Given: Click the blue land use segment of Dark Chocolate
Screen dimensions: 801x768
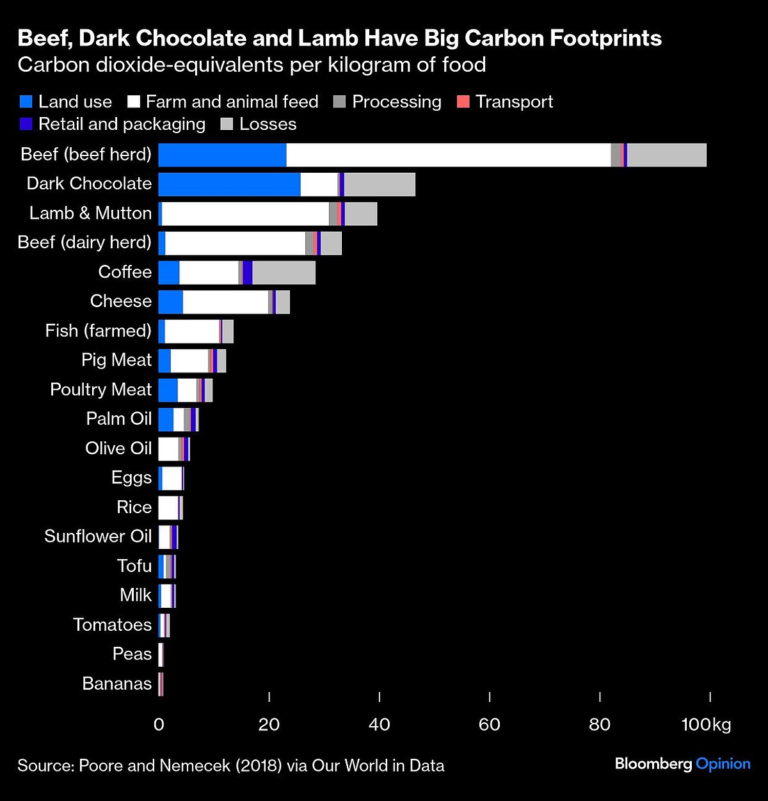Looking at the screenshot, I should tap(229, 184).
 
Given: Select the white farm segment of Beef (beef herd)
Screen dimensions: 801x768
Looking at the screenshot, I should tap(448, 155).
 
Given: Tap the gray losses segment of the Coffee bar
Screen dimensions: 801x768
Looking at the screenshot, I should tap(284, 273).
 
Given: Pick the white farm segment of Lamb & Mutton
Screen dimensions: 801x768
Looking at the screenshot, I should tap(245, 214).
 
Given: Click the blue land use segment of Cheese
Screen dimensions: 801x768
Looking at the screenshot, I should tap(170, 302).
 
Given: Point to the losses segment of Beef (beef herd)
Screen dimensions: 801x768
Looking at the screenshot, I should tap(666, 155).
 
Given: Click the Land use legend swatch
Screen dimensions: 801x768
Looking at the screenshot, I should tap(26, 102).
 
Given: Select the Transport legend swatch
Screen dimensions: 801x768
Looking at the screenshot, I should tap(463, 102).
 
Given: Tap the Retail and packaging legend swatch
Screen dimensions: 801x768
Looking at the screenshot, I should tap(26, 124).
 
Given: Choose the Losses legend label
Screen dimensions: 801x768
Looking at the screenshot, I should tap(268, 124).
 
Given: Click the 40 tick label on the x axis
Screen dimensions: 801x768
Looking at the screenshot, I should tap(380, 724).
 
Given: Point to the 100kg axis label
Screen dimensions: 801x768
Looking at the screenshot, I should tap(706, 724).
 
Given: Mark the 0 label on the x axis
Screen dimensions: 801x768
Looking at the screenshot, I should tap(159, 724).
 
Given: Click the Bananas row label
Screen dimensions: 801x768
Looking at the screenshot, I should tap(117, 683).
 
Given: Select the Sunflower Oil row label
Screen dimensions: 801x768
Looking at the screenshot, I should tap(98, 536).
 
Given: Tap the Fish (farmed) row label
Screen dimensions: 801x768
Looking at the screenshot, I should tap(99, 331).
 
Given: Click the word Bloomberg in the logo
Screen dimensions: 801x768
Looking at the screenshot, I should tap(653, 764).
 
